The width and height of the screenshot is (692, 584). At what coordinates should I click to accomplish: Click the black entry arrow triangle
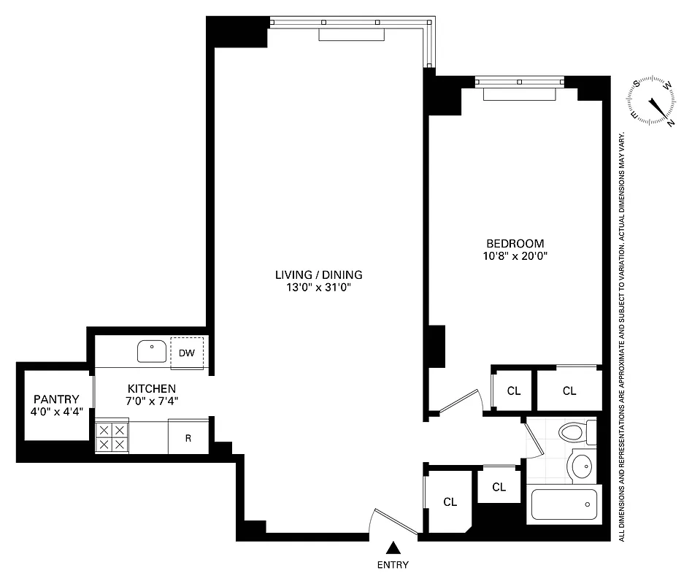tap(393, 547)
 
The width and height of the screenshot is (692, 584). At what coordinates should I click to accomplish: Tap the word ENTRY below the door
tap(393, 564)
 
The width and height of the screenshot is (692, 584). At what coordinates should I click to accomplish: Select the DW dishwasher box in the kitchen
tap(187, 353)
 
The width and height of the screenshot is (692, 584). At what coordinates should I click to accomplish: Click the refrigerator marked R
tap(188, 438)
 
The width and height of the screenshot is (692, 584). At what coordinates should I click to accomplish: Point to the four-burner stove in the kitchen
tap(112, 437)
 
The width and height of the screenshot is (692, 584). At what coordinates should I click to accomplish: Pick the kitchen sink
tap(152, 351)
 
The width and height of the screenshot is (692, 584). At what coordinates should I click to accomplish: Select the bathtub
tap(564, 504)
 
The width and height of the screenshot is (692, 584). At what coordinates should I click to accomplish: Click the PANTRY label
tap(56, 399)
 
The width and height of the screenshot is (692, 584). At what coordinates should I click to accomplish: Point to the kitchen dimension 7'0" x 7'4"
tap(152, 400)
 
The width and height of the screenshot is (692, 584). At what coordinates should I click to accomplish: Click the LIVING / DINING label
tap(318, 275)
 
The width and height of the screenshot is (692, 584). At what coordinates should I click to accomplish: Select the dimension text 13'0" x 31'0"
tap(318, 288)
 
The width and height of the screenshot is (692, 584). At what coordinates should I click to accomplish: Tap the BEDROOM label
tap(515, 243)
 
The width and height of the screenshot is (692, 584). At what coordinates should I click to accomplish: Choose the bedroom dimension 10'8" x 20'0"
tap(515, 255)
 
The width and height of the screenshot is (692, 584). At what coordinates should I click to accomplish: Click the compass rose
tap(652, 103)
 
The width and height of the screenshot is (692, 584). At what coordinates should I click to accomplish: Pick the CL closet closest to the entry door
tap(450, 502)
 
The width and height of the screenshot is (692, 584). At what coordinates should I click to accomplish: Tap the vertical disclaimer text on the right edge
tap(622, 336)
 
